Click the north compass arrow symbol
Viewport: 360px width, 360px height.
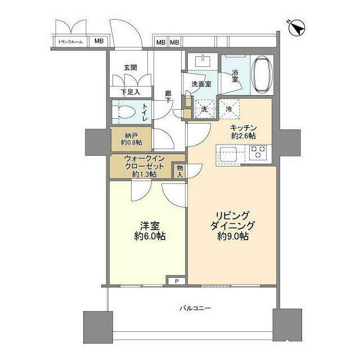click(x=296, y=28)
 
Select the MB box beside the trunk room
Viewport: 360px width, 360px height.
click(x=98, y=41)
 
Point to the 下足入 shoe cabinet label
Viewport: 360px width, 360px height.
click(x=129, y=92)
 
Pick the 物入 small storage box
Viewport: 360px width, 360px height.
click(x=179, y=170)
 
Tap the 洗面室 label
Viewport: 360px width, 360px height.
click(x=200, y=84)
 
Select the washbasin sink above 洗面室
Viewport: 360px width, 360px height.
click(x=200, y=62)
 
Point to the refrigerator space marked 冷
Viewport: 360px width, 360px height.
click(x=229, y=108)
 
